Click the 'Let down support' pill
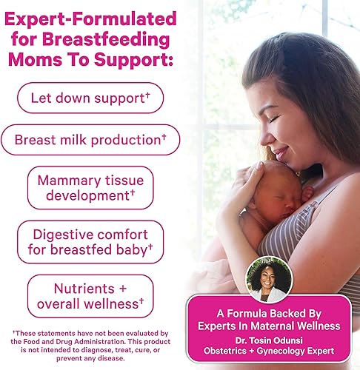coord(89,97)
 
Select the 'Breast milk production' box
coord(90,139)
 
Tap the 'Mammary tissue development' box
coord(90,187)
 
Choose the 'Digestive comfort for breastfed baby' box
coord(90,241)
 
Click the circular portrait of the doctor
coord(269,279)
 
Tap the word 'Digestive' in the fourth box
coord(64,233)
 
